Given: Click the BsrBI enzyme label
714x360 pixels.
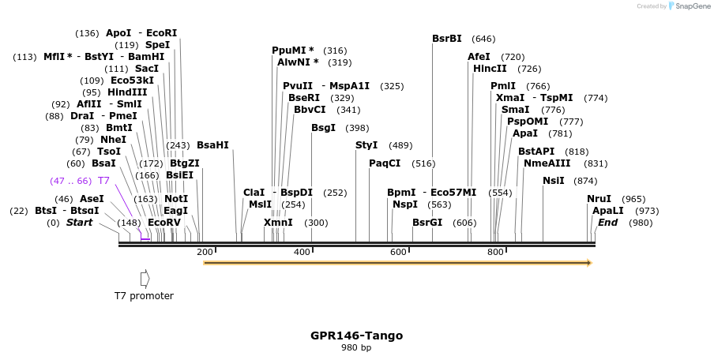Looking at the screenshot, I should click(447, 39).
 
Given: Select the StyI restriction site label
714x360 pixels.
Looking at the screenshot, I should click(366, 145).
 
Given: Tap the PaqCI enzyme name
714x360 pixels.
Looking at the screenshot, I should click(385, 163).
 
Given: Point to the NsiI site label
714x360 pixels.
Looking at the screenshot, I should click(554, 181).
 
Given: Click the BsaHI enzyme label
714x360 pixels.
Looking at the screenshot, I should click(212, 145).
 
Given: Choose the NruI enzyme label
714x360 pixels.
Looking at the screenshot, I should click(599, 199).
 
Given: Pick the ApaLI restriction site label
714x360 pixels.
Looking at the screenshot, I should click(608, 211).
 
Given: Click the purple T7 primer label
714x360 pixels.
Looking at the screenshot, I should click(103, 181).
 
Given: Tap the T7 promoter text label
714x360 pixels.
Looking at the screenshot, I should click(144, 296).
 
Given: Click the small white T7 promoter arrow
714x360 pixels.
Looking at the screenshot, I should click(145, 278).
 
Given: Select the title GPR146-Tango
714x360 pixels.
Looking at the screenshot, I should click(356, 336).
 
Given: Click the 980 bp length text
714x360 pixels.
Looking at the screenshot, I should click(356, 347).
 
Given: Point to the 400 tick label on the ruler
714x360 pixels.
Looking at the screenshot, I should click(303, 252).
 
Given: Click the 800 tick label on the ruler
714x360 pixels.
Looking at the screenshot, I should click(495, 252).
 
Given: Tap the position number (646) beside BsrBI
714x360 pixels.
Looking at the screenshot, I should click(483, 39).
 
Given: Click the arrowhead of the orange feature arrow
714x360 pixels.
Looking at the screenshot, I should click(588, 263).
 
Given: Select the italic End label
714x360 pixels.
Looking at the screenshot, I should click(607, 223).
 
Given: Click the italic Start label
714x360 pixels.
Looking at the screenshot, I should click(79, 223).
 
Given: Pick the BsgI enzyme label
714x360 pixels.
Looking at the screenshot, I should click(324, 128).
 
